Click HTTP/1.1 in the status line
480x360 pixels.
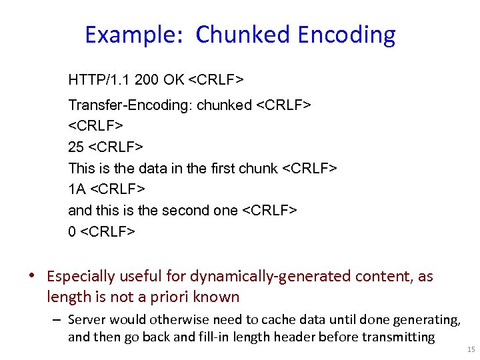click(99, 81)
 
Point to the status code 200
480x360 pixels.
click(145, 81)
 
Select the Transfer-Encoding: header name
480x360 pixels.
click(130, 105)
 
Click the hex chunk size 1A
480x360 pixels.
click(77, 189)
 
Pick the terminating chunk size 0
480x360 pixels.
click(72, 231)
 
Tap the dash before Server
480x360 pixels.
click(59, 321)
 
